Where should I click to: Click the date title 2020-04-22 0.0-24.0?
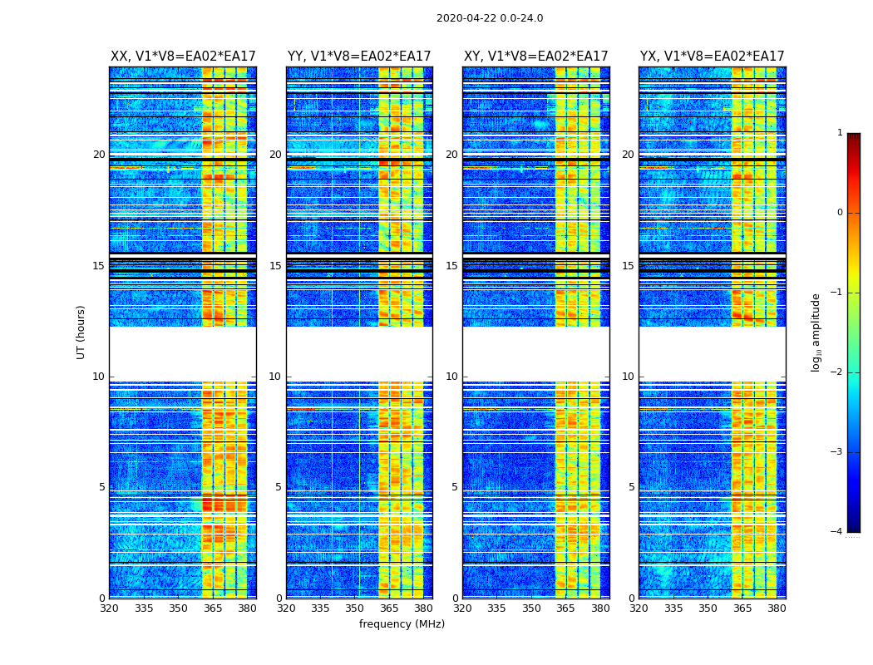pyautogui.click(x=490, y=18)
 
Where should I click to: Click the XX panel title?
pyautogui.click(x=183, y=57)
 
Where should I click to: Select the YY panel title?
pyautogui.click(x=359, y=57)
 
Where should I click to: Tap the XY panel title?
pyautogui.click(x=535, y=57)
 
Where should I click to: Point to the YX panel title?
pyautogui.click(x=712, y=57)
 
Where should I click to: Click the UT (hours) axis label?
pyautogui.click(x=81, y=332)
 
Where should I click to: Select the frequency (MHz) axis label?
pyautogui.click(x=402, y=624)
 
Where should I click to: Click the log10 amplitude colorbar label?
pyautogui.click(x=816, y=332)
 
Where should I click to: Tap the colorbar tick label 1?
pyautogui.click(x=840, y=133)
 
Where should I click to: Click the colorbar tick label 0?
pyautogui.click(x=840, y=213)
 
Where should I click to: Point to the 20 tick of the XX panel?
pyautogui.click(x=99, y=155)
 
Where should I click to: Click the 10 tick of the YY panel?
pyautogui.click(x=275, y=377)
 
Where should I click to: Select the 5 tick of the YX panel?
pyautogui.click(x=631, y=487)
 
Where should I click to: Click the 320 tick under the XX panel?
pyautogui.click(x=109, y=608)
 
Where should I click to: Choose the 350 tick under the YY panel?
pyautogui.click(x=355, y=608)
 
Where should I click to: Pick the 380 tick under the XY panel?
pyautogui.click(x=600, y=608)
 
